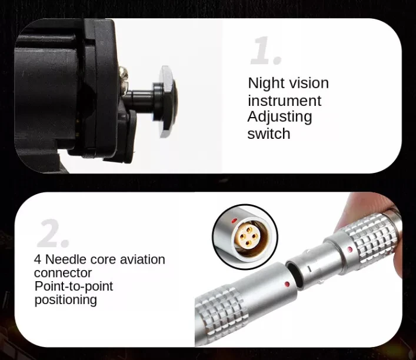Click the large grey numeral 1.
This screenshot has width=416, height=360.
click(x=265, y=51)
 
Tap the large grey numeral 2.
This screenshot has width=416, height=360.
click(x=53, y=234)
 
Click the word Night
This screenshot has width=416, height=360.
click(x=267, y=84)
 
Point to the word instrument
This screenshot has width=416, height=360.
click(x=285, y=101)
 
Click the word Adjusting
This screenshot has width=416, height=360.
click(x=279, y=117)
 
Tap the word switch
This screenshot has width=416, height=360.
click(x=269, y=134)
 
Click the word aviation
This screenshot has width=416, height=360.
click(x=142, y=259)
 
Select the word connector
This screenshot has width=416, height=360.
click(x=63, y=273)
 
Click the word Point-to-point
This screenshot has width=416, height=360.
click(x=74, y=286)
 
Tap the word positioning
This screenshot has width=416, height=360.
click(x=65, y=300)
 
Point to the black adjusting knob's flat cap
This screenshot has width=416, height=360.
click(x=167, y=102)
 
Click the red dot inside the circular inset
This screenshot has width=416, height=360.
click(x=234, y=220)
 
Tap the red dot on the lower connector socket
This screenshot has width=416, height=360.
click(x=287, y=285)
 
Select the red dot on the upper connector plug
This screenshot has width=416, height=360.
click(x=350, y=249)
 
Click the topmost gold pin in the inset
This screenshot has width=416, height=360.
click(x=249, y=229)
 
